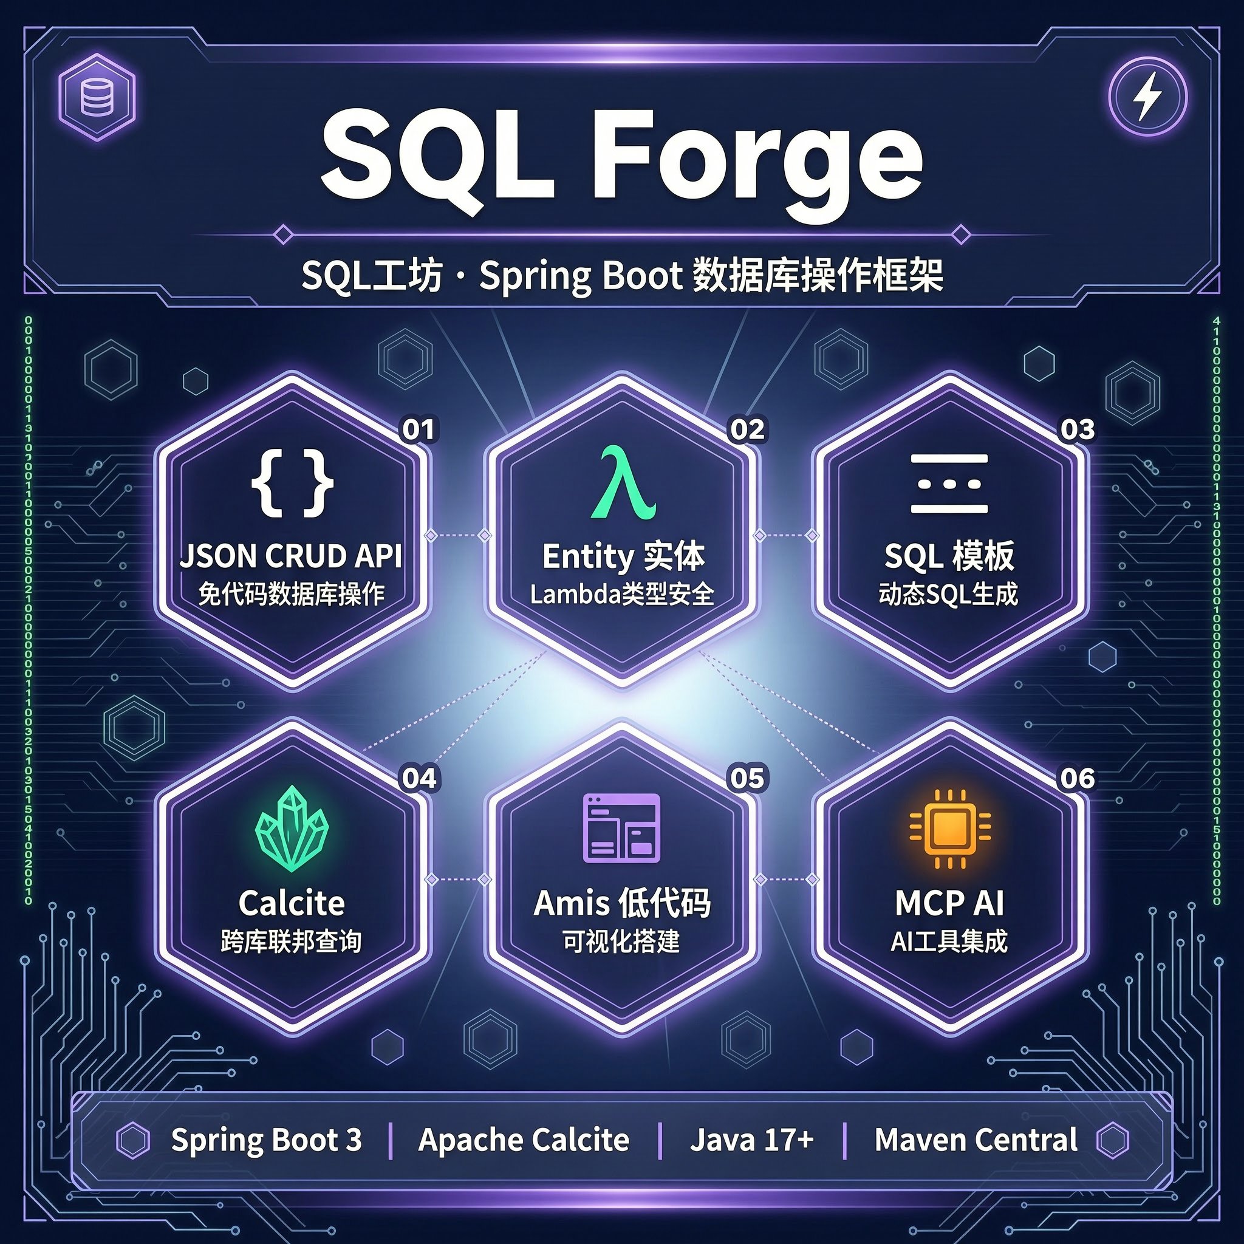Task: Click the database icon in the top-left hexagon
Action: click(97, 98)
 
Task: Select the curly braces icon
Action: click(292, 483)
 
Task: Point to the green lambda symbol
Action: click(623, 482)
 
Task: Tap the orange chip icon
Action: click(950, 829)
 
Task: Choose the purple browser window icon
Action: click(621, 827)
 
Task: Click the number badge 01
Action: click(419, 429)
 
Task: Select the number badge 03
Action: click(1077, 429)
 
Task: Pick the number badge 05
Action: click(747, 778)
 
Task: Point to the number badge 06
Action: click(1077, 778)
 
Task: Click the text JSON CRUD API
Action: click(291, 556)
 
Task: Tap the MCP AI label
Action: click(949, 903)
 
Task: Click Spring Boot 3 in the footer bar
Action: click(267, 1141)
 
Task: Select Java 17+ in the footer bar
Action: click(751, 1140)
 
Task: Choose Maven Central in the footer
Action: click(976, 1140)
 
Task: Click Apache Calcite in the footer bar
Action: click(524, 1140)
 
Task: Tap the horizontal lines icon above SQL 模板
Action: click(949, 484)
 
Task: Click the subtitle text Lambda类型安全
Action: click(622, 593)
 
